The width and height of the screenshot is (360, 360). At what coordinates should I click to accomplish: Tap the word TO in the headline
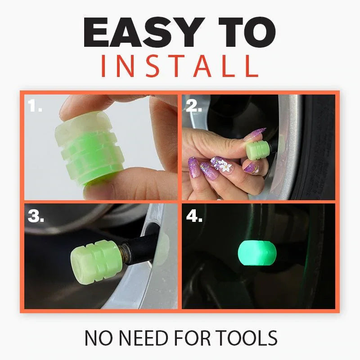click(247, 33)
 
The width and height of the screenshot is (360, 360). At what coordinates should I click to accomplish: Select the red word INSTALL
click(180, 66)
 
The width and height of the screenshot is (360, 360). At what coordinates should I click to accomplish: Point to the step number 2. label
click(194, 107)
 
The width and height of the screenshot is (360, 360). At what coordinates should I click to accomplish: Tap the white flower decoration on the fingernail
click(225, 167)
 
